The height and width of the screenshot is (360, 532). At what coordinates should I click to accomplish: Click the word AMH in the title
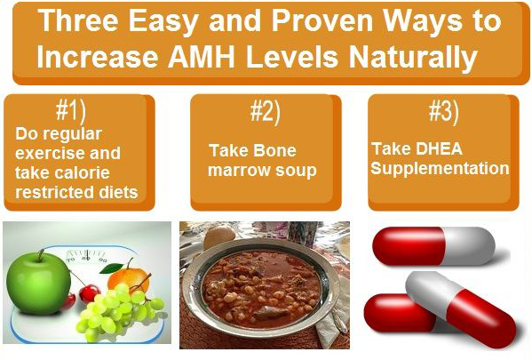click(x=202, y=56)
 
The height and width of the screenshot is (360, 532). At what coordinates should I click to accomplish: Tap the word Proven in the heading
click(x=322, y=20)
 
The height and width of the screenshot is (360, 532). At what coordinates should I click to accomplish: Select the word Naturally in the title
click(x=414, y=58)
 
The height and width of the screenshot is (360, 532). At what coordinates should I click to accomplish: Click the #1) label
click(x=71, y=111)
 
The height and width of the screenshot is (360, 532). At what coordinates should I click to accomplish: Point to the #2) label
click(x=266, y=112)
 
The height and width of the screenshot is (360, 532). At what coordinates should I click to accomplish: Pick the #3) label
click(x=443, y=111)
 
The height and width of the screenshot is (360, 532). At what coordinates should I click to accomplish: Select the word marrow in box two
click(x=239, y=171)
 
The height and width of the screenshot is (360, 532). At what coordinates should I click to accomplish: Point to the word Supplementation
click(x=440, y=169)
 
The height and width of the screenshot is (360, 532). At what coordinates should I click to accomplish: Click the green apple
click(x=38, y=283)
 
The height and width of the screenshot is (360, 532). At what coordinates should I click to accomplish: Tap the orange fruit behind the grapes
click(x=129, y=276)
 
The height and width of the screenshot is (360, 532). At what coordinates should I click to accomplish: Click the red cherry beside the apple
click(x=90, y=293)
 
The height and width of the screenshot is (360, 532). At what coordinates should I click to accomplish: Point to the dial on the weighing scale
click(x=86, y=257)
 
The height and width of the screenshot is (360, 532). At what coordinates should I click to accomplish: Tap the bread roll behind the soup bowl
click(x=219, y=237)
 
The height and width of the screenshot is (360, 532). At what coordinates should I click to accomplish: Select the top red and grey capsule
click(x=433, y=246)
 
